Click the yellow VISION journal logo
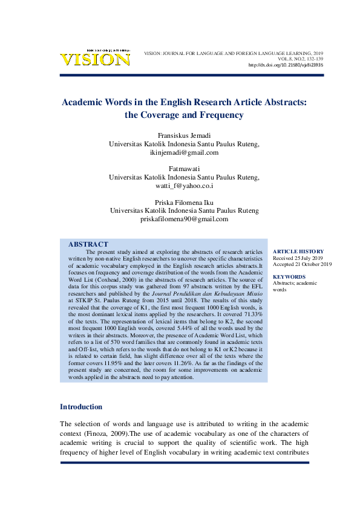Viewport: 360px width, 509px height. [94, 59]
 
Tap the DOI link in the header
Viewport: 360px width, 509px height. [286, 65]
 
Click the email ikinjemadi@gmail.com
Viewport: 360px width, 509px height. [184, 153]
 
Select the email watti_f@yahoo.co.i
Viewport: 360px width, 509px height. [184, 186]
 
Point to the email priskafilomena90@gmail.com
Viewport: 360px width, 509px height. [184, 219]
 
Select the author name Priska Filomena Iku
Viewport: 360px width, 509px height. [184, 202]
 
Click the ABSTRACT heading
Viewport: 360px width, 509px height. [88, 244]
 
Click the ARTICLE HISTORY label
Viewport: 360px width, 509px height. [298, 251]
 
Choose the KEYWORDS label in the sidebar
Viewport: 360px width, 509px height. [289, 277]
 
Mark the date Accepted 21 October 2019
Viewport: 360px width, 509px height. [303, 264]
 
